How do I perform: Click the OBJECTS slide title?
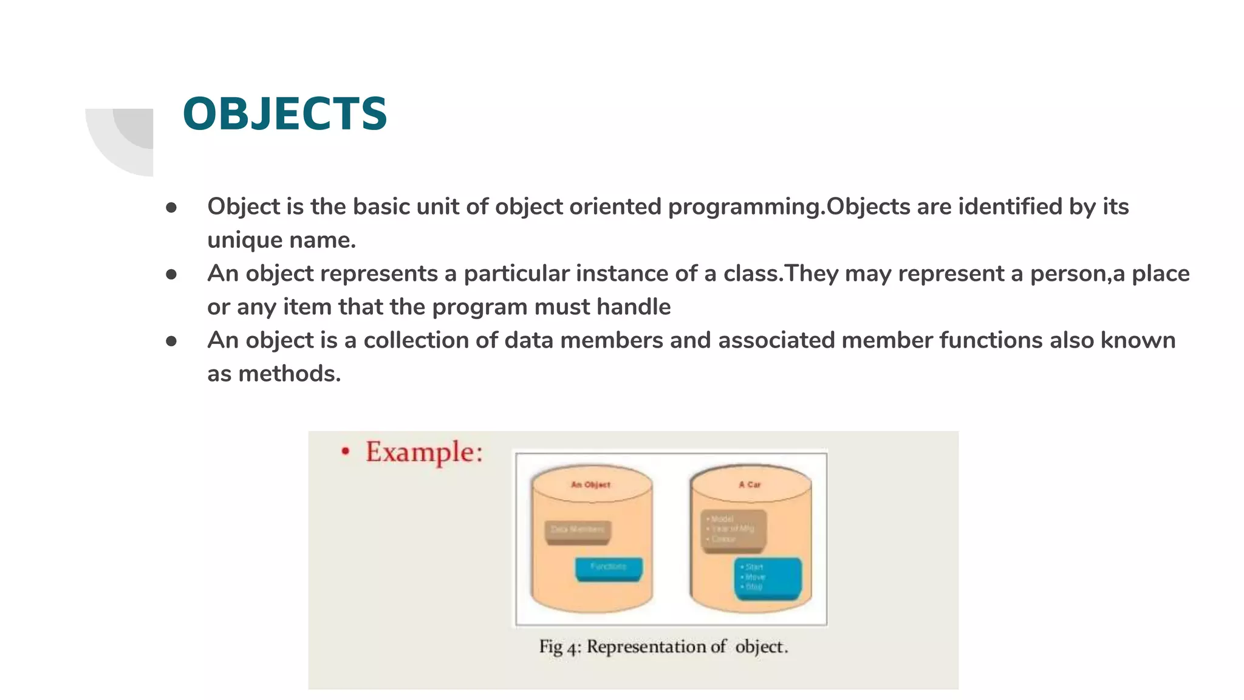[x=284, y=114]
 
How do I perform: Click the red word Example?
[x=423, y=453]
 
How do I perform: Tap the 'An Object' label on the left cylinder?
[x=590, y=484]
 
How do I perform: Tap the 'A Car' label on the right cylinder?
[x=750, y=484]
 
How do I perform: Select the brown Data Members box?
[x=578, y=530]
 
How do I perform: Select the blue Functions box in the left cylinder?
[x=609, y=568]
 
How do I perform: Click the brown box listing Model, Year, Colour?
[x=734, y=530]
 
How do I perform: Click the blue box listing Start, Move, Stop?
[x=768, y=577]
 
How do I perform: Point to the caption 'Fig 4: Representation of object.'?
[x=663, y=647]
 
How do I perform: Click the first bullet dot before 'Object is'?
[x=171, y=208]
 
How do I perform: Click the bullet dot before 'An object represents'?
[x=171, y=275]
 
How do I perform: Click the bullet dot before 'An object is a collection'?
[x=171, y=341]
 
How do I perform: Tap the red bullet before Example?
[x=346, y=451]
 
